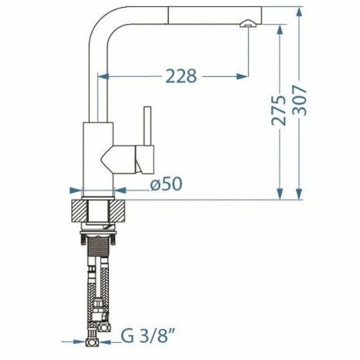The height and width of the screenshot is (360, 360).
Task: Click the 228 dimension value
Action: pyautogui.click(x=181, y=76)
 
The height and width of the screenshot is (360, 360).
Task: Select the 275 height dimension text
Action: pyautogui.click(x=281, y=110)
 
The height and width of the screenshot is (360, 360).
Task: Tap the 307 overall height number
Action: pyautogui.click(x=299, y=100)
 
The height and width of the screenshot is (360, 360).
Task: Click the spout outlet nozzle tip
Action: pyautogui.click(x=247, y=23)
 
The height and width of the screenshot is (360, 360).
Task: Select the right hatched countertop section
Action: pyautogui.click(x=121, y=211)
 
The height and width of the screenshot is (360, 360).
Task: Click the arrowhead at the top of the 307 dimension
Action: pyautogui.click(x=299, y=11)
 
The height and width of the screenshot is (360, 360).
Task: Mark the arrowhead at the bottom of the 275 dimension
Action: pyautogui.click(x=281, y=194)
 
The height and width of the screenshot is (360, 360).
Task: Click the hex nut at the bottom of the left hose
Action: pyautogui.click(x=91, y=343)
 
